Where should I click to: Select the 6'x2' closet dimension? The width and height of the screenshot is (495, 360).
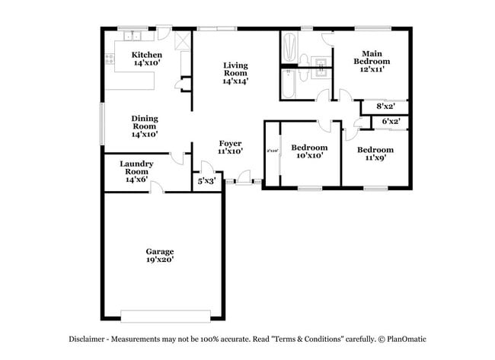click(391, 121)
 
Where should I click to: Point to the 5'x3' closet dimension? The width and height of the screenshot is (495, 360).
click(206, 182)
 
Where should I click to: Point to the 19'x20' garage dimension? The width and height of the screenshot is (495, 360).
click(161, 260)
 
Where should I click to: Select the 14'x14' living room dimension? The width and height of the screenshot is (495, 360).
click(236, 80)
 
